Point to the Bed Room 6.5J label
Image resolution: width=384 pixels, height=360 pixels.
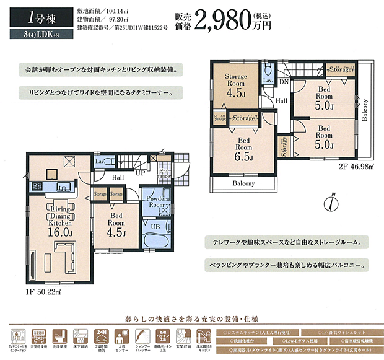click(x=243, y=148)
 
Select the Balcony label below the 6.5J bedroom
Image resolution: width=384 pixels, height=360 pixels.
click(x=243, y=183)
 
